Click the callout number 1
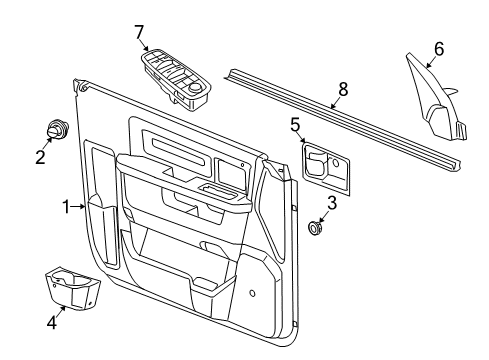65,207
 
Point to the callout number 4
52,321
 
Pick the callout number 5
295,124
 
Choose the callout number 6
437,47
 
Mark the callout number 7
139,32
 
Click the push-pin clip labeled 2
55,131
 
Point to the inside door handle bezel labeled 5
327,164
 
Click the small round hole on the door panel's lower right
251,294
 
